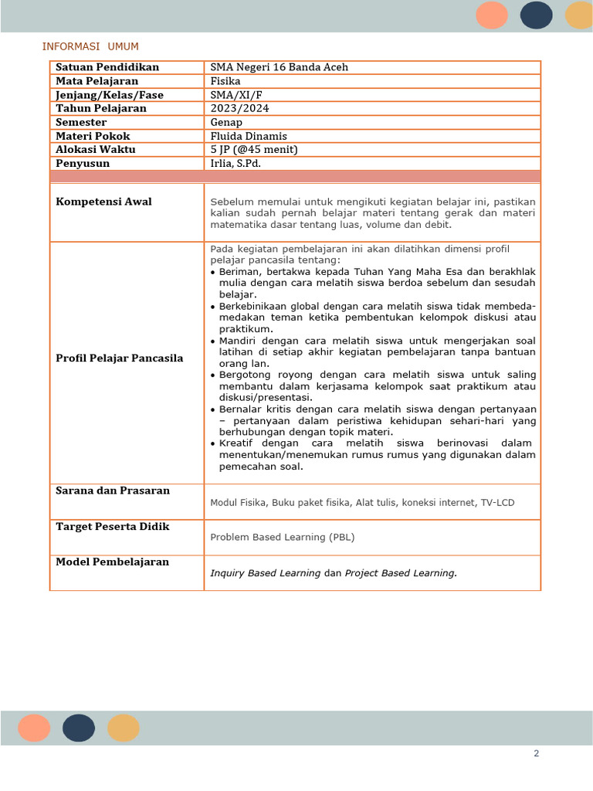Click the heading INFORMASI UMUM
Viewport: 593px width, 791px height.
tap(90, 47)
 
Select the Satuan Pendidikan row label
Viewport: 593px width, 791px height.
tap(107, 67)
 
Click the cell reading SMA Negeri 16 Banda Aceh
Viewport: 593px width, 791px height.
tap(280, 67)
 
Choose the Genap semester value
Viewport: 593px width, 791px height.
tap(226, 123)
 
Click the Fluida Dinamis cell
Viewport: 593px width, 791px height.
tap(249, 137)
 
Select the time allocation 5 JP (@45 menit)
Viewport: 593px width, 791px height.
tap(254, 150)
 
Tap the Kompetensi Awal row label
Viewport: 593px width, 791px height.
tap(104, 202)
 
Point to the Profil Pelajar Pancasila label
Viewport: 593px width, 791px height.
tap(120, 358)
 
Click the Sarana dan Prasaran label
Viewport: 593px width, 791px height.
tap(113, 491)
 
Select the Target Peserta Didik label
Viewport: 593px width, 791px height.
tap(113, 527)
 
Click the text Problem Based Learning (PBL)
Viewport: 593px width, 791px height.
tap(283, 538)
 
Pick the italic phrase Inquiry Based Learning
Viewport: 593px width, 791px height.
tap(266, 573)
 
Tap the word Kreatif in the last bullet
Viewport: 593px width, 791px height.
tap(237, 443)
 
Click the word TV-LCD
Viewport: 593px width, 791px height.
tap(498, 503)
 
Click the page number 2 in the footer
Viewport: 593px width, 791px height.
tap(536, 754)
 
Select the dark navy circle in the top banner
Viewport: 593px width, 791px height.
tap(536, 15)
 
